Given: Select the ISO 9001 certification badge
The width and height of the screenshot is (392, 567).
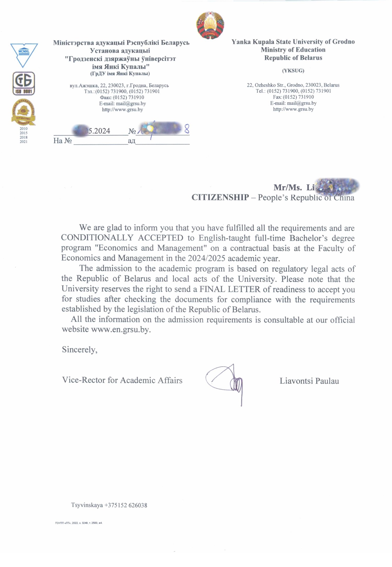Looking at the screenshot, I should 24,84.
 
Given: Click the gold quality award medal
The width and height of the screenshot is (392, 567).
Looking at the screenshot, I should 24,112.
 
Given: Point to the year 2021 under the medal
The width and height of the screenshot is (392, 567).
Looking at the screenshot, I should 24,142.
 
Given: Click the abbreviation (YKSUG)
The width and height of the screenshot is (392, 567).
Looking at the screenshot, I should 293,71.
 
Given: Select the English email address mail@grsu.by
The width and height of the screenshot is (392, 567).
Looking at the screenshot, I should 302,103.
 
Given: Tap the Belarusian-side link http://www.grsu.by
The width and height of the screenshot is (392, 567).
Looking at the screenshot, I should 122,109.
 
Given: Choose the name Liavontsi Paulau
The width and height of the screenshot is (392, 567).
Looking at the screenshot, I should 309,381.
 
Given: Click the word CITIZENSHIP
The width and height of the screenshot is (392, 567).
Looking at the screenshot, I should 220,197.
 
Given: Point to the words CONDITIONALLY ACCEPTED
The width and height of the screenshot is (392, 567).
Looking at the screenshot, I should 122,238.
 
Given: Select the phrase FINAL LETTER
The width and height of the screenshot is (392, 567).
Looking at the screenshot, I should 230,289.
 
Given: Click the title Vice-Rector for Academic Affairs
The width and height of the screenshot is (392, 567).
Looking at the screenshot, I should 122,380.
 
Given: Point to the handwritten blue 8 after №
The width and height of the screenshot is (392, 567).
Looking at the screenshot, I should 187,129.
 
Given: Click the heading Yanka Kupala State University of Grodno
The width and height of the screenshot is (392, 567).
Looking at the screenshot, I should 293,42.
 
